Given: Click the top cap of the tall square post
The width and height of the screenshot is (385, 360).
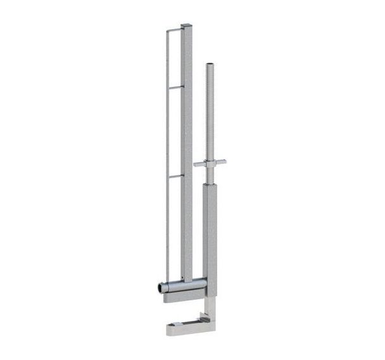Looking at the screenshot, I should pos(186,26).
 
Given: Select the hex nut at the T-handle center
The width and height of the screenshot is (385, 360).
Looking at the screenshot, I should pos(210,164).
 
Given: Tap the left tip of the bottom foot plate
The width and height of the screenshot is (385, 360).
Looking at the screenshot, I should pos(169,330).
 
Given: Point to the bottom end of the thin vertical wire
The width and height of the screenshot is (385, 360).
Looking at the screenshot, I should pos(167,279).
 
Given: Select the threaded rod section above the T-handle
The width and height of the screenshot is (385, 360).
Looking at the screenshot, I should pos(209,114).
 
